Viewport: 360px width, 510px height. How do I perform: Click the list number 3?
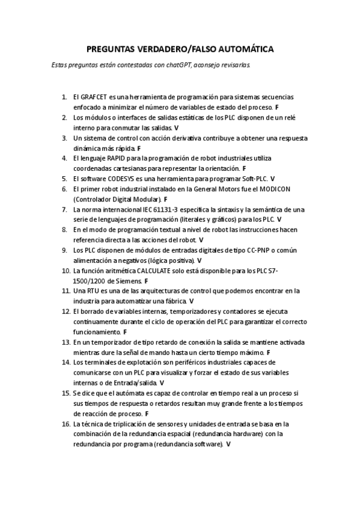tap(65, 137)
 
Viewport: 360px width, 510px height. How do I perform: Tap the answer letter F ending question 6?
tap(165, 199)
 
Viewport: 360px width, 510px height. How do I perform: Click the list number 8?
tap(65, 230)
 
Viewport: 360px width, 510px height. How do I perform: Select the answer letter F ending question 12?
tap(124, 332)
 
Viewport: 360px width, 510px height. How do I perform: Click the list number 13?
tap(64, 342)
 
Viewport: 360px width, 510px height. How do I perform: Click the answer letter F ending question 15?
tap(147, 414)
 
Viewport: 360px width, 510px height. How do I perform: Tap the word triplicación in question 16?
tap(133, 424)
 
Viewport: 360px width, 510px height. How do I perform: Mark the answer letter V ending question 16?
tap(228, 444)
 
